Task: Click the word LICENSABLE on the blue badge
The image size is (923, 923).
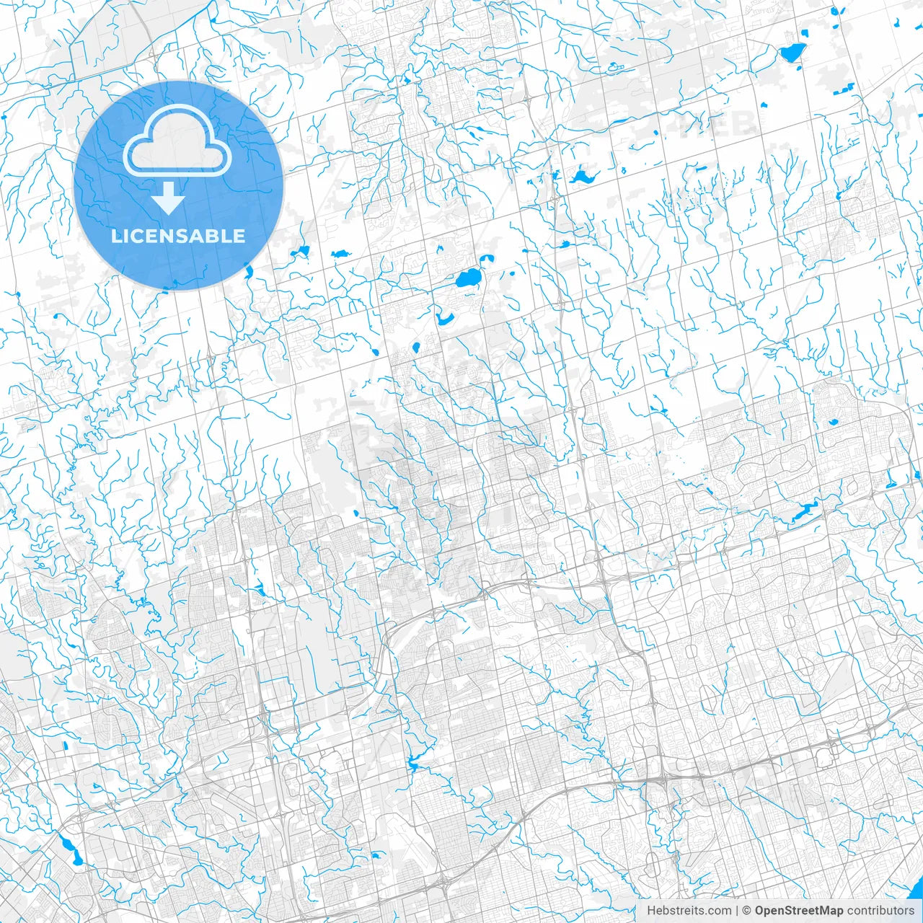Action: click(x=178, y=236)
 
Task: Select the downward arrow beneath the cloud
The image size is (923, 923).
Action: click(x=169, y=198)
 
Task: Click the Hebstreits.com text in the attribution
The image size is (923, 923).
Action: click(x=689, y=911)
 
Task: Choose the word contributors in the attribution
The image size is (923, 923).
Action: click(x=880, y=911)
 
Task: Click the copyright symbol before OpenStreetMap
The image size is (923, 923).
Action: click(x=747, y=911)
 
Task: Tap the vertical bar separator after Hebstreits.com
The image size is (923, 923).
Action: click(x=737, y=911)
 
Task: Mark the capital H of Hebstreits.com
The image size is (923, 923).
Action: click(x=650, y=911)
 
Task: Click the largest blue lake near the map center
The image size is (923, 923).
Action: click(x=469, y=278)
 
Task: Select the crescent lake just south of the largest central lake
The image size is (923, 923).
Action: click(x=443, y=318)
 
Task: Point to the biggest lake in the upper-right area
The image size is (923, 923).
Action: click(x=792, y=53)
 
